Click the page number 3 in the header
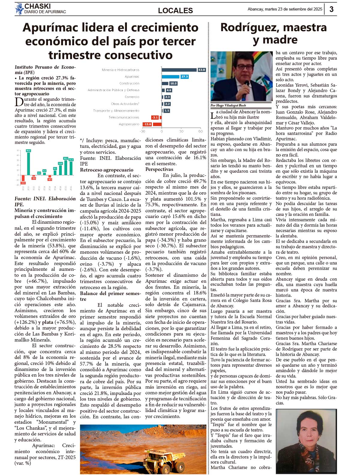[x=331, y=9]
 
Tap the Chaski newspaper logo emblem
[x=19, y=9]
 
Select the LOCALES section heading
[x=175, y=10]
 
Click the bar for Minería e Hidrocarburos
[x=179, y=70]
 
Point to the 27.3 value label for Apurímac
[x=184, y=77]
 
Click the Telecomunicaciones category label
[x=124, y=117]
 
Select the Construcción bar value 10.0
[x=173, y=83]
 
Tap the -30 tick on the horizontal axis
[x=142, y=131]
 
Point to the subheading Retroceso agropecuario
[x=106, y=170]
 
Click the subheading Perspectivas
[x=159, y=169]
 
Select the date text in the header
[x=285, y=9]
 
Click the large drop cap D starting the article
[x=19, y=102]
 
